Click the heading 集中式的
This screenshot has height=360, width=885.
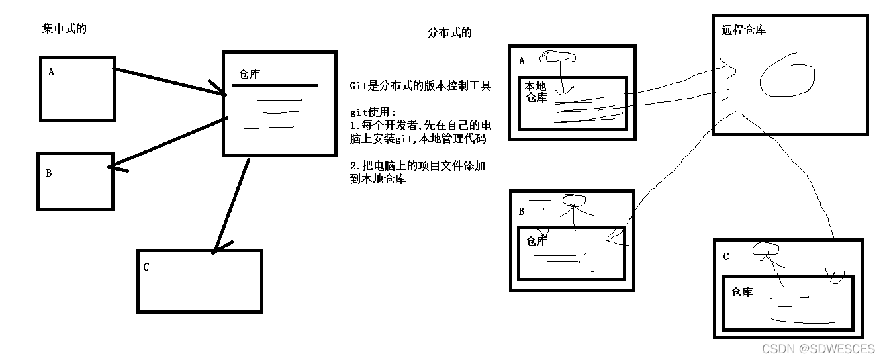coord(64,28)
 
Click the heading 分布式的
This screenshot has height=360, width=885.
coord(450,32)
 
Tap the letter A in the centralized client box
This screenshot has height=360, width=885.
coord(51,72)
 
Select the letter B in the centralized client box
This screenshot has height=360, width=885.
coord(49,173)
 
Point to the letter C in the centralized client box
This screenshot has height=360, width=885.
coord(146,267)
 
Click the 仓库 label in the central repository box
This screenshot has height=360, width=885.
coord(249,74)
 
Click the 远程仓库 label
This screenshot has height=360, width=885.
coord(744,30)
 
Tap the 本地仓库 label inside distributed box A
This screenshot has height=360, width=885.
coord(536,92)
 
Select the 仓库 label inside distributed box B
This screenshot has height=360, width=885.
coord(537,242)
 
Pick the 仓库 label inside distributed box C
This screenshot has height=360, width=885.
coord(741,292)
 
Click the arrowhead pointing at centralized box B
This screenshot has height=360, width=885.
coord(114,168)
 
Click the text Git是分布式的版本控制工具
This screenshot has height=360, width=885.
coord(420,86)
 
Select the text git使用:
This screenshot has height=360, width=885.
coord(373,112)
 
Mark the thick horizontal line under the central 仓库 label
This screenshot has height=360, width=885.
coord(275,85)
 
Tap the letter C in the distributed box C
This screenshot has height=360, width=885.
coord(726,257)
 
